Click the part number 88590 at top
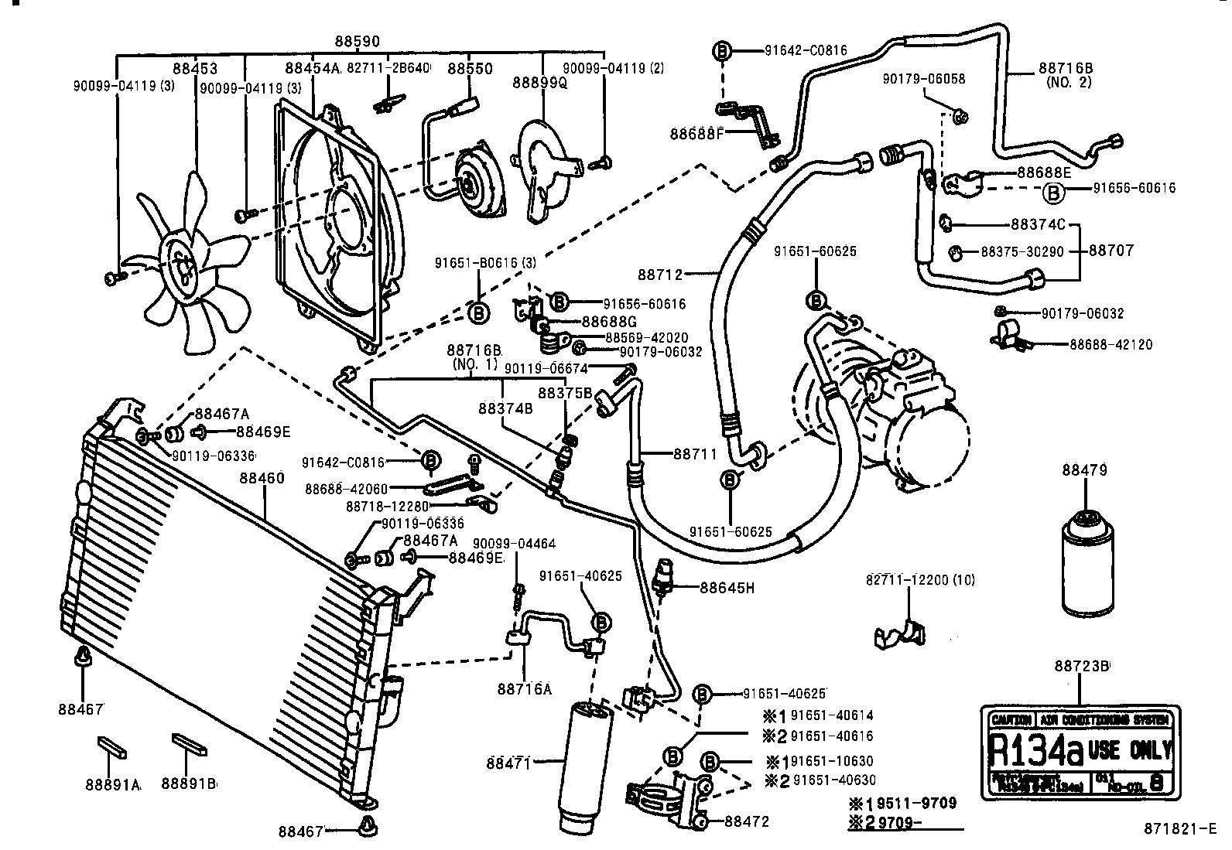(357, 41)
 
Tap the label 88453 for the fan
(195, 67)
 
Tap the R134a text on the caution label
(1035, 748)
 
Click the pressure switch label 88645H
(727, 588)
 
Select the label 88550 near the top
(471, 68)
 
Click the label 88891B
(188, 783)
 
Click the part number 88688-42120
(1111, 344)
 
